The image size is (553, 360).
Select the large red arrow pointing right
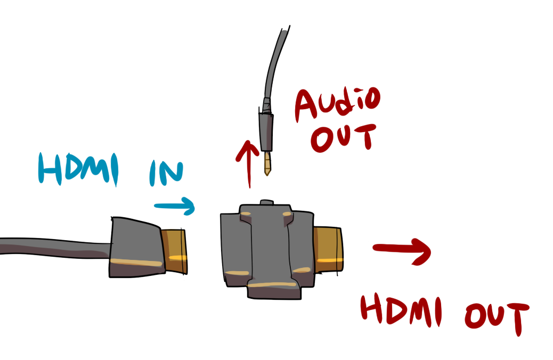click(x=402, y=251)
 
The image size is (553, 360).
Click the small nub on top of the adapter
click(x=265, y=203)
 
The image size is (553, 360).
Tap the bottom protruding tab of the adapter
click(x=272, y=290)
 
